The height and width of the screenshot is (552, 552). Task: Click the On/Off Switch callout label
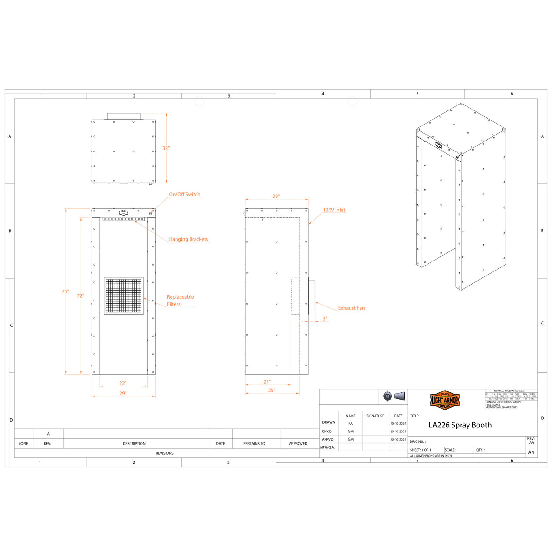[x=184, y=194]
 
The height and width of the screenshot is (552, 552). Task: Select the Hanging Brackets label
[x=188, y=239]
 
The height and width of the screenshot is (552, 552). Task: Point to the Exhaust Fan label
[x=351, y=308]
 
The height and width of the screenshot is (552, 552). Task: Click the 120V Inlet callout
[x=334, y=210]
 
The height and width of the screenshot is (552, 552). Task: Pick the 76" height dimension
[x=65, y=291]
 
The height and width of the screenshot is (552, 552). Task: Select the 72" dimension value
[x=80, y=296]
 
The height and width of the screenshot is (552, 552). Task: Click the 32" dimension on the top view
[x=166, y=148]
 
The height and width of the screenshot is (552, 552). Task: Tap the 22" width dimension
[x=123, y=383]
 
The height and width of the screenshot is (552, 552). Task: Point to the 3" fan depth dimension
[x=325, y=319]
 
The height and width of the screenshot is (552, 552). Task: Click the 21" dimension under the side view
[x=267, y=382]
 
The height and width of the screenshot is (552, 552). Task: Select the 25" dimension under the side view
[x=271, y=390]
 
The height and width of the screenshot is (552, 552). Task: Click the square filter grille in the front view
[x=124, y=296]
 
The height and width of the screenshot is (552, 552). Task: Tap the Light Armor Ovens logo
[x=445, y=400]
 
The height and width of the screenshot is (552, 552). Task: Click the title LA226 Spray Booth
[x=460, y=425]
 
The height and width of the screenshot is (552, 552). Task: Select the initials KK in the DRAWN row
[x=351, y=423]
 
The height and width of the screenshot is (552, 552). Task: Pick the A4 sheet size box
[x=531, y=452]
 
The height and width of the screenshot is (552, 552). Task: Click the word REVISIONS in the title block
[x=165, y=453]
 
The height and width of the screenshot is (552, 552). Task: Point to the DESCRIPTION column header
[x=134, y=444]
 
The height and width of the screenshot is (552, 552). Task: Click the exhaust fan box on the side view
[x=311, y=296]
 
